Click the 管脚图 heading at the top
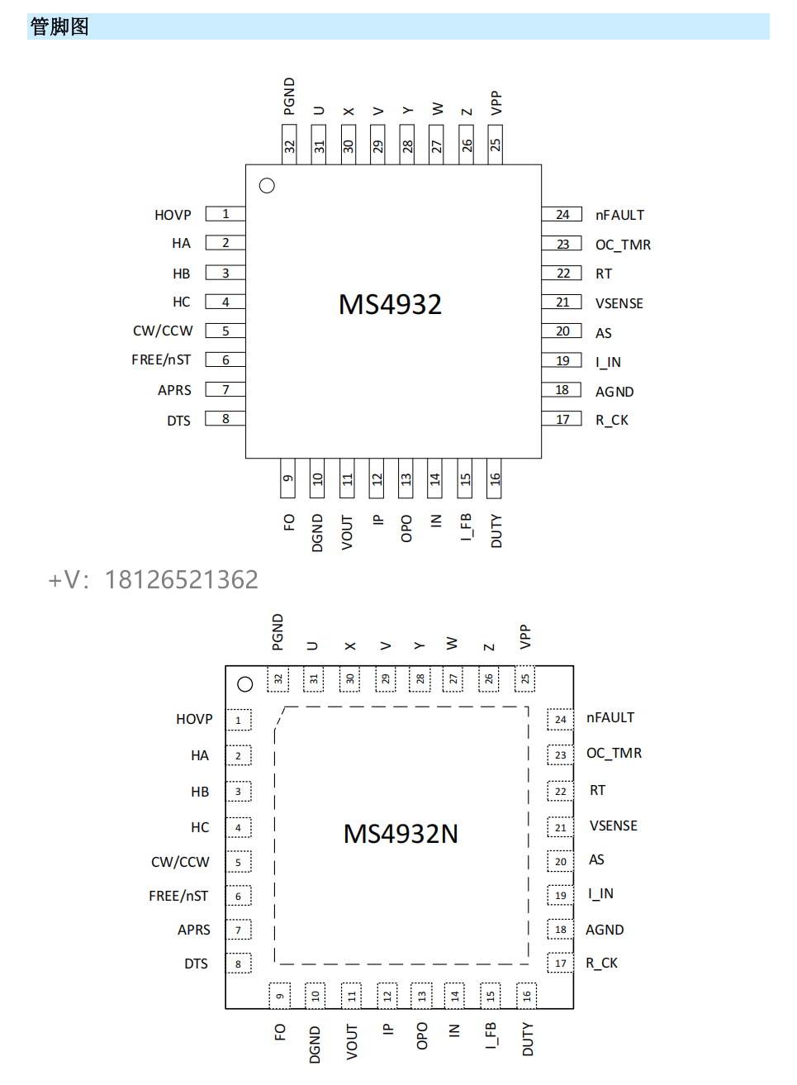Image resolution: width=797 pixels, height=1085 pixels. point(59,26)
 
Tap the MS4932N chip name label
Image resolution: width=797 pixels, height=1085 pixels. point(401,834)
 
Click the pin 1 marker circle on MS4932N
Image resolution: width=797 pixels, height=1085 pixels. point(244,684)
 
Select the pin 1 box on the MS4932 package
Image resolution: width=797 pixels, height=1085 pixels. point(225,213)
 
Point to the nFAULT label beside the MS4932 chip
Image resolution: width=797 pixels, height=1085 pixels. point(619,215)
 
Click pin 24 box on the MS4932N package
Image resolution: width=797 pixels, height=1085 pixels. point(560,719)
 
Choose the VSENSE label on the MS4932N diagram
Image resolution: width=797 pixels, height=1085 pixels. point(613,826)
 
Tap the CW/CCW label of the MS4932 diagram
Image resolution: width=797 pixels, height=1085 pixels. point(163,331)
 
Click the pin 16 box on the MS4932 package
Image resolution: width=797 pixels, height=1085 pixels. point(495,478)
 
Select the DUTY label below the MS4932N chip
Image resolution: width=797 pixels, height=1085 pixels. point(528,1039)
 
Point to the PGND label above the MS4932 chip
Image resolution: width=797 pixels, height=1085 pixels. point(289,96)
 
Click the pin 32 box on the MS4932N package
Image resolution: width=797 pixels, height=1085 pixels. point(278,679)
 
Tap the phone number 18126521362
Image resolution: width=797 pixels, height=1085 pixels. point(181,579)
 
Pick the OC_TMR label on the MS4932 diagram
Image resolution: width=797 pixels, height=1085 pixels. point(623,245)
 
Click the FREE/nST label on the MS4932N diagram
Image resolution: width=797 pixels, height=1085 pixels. point(178,896)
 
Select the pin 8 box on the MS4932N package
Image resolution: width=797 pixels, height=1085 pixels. point(238,964)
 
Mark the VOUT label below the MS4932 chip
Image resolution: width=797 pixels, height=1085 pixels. point(348,532)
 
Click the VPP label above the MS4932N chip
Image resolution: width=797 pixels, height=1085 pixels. point(525,636)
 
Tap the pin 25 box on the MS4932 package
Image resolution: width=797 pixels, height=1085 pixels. point(495,144)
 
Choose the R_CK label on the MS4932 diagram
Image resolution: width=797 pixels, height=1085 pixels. point(611,420)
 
